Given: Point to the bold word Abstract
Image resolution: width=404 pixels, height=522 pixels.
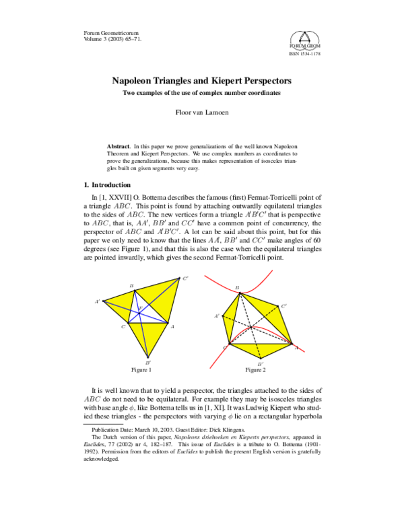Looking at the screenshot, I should click(119, 146).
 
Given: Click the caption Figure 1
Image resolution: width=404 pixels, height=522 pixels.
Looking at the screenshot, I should click(141, 370).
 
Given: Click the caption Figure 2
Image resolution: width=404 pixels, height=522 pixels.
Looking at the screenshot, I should click(256, 370).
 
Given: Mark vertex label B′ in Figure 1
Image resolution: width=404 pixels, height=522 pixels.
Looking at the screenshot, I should click(147, 362).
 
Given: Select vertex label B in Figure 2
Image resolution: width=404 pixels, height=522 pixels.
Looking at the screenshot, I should click(237, 288).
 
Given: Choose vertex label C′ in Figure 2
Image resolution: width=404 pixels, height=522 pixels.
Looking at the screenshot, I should click(284, 306).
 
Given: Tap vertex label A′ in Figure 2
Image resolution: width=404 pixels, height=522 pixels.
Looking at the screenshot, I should click(217, 315).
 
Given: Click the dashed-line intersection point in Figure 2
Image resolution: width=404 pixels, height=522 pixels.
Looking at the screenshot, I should click(250, 328).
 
